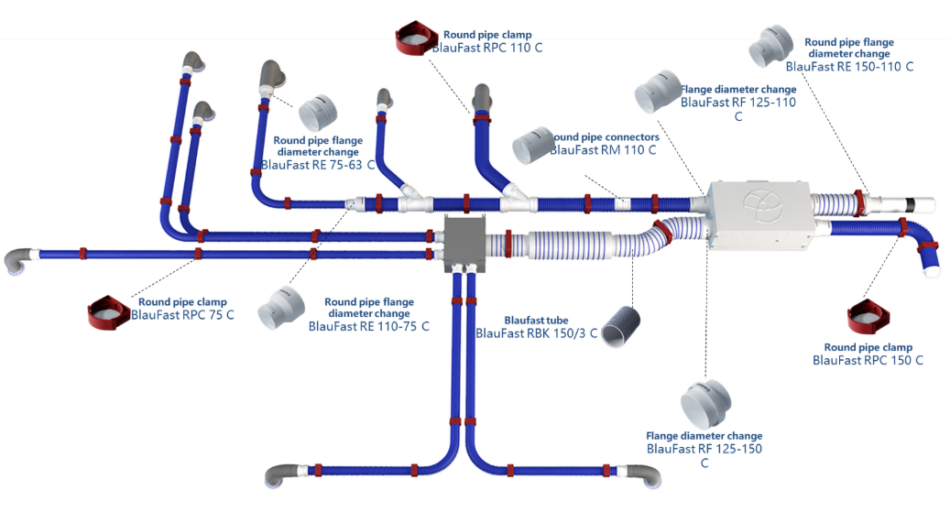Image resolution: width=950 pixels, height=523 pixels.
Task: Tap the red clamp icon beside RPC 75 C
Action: (x=107, y=313)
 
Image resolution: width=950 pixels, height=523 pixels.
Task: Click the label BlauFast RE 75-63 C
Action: (x=318, y=165)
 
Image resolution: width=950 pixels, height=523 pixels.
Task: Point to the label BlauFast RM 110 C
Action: (x=603, y=149)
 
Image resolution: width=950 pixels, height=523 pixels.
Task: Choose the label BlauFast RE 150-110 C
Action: (x=849, y=66)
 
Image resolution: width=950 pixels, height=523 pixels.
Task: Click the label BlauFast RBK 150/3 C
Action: (x=536, y=333)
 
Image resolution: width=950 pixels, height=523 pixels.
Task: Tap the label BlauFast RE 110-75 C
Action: (x=368, y=326)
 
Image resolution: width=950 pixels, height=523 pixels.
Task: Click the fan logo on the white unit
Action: (x=760, y=206)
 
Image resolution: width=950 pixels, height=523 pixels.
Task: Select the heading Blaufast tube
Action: (x=536, y=321)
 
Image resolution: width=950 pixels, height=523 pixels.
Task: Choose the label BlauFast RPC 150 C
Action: (x=868, y=360)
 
